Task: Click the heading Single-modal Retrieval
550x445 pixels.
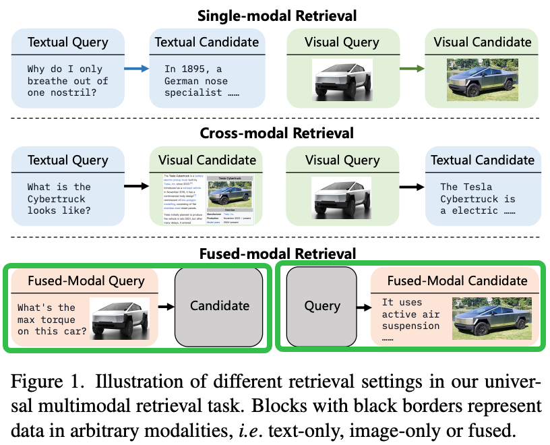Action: pos(276,15)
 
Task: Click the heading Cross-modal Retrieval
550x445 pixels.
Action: pos(276,133)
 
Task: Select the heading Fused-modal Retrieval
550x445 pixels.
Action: pos(276,254)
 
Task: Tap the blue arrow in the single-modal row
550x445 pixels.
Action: pos(136,69)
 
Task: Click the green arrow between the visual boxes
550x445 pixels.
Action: pos(410,69)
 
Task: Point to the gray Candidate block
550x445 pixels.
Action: pos(220,305)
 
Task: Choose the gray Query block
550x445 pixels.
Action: pos(322,306)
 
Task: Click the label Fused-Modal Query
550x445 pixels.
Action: pos(86,280)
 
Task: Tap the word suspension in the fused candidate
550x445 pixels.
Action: pos(410,326)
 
